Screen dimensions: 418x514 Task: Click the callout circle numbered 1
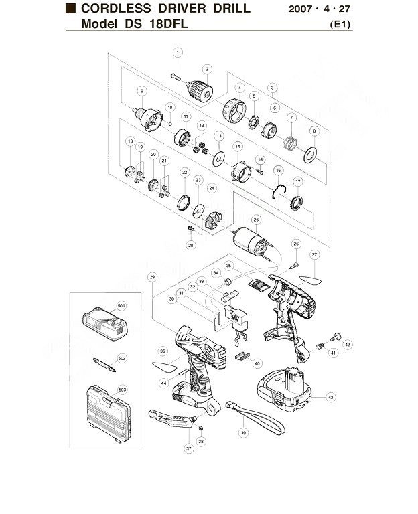[x=178, y=52]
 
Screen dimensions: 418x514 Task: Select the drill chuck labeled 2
[x=199, y=90]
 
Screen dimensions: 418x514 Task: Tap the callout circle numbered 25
[x=257, y=220]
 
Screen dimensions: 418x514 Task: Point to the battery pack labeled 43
[x=284, y=389]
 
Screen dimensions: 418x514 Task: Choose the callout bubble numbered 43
[x=330, y=398]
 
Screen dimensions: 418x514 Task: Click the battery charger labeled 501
[x=104, y=324]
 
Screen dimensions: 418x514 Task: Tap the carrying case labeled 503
[x=109, y=414]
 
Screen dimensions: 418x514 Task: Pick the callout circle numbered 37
[x=189, y=449]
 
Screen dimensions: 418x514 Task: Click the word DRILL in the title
[x=232, y=9]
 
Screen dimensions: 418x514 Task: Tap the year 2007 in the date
[x=300, y=9]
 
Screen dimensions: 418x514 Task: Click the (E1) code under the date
[x=340, y=25]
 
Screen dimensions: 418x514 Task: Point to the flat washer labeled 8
[x=309, y=155]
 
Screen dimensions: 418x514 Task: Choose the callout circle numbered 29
[x=152, y=277]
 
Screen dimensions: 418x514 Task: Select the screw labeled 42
[x=335, y=337]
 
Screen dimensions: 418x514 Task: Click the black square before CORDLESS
[x=70, y=9]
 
